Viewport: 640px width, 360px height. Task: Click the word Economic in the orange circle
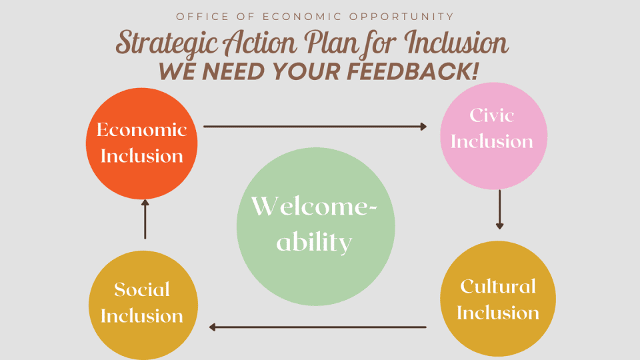[141, 129]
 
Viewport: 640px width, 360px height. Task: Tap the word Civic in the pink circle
[492, 115]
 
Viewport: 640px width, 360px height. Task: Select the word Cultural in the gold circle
[498, 287]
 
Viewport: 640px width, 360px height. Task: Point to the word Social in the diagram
[142, 289]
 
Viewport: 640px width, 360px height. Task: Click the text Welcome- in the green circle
[314, 207]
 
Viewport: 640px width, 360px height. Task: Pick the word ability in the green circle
[314, 243]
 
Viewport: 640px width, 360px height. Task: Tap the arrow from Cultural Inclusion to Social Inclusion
[317, 327]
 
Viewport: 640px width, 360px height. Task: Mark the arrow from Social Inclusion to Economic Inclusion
[145, 219]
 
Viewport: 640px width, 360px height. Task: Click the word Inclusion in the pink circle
[492, 141]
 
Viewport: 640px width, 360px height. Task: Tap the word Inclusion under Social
[142, 315]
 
